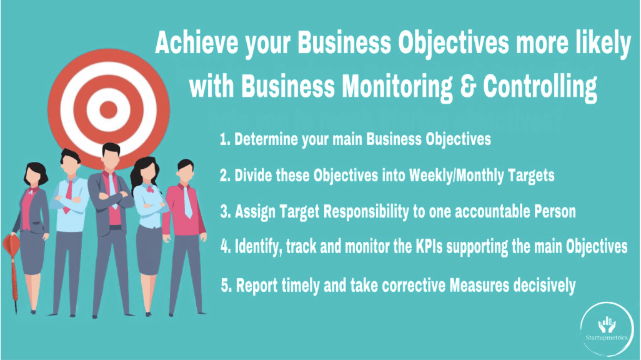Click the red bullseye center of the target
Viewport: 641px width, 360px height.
[x=109, y=109]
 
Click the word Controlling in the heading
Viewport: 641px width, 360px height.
[x=540, y=87]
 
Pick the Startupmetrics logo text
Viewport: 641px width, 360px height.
[x=606, y=337]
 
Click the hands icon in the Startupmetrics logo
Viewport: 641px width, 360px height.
[x=607, y=325]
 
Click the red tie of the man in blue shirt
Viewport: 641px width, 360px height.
[x=68, y=197]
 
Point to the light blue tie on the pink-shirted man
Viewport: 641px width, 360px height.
[x=187, y=202]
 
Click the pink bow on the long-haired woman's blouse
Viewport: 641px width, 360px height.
[x=149, y=189]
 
